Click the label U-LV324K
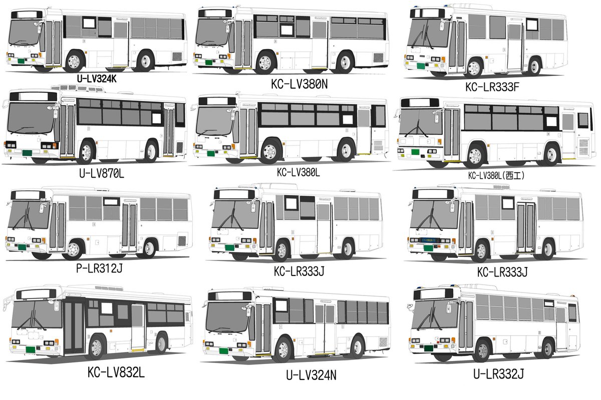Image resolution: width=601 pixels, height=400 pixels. [97, 79]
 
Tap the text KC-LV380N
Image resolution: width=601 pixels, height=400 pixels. [299, 84]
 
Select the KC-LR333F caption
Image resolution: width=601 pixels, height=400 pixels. [492, 87]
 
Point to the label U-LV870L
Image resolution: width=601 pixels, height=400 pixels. [102, 173]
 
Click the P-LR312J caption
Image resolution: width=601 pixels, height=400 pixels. [99, 268]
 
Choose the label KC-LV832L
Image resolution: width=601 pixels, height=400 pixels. [116, 372]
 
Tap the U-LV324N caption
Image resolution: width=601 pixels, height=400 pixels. [311, 375]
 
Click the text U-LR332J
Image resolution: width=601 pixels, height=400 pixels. [498, 373]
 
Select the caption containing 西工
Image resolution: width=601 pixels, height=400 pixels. [496, 175]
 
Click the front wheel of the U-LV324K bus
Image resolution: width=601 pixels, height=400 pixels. [74, 62]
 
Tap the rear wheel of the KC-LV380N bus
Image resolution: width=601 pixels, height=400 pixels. [345, 62]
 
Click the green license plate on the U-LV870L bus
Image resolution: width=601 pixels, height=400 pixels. [27, 153]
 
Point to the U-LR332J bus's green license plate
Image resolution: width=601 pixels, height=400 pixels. [429, 348]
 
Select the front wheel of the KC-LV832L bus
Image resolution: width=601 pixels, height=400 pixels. [96, 347]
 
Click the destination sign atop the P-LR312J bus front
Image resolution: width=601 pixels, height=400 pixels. [28, 195]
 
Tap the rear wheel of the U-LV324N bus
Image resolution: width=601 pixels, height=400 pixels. [357, 347]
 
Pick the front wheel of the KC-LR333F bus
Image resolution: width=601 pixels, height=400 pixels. [474, 68]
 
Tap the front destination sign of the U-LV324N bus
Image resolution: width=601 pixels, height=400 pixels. [230, 296]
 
